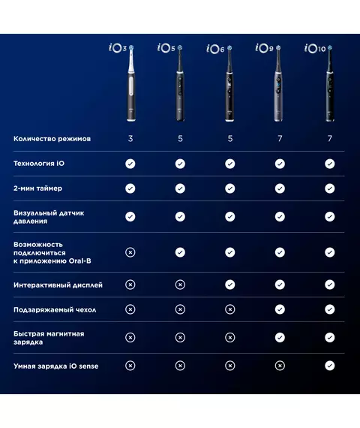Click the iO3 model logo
118,48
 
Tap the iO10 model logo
315,48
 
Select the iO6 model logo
215,49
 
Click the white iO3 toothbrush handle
131,83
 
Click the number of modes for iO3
130,139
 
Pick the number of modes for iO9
280,139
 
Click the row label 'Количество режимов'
52,139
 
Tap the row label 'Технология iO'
39,164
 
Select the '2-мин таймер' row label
38,188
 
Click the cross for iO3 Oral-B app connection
130,252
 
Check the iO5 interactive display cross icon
180,285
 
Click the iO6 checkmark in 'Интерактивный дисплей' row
230,285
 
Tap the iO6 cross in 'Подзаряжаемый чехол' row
230,309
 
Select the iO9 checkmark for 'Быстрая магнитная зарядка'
280,338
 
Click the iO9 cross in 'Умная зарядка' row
280,366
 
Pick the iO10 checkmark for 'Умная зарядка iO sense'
330,366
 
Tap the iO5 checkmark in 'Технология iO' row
180,164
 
